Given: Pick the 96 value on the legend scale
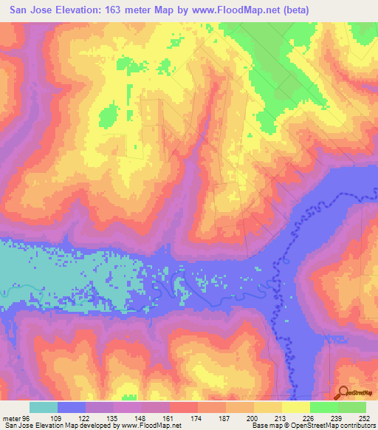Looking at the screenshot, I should tap(28, 417).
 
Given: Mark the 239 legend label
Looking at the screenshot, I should tap(337, 417).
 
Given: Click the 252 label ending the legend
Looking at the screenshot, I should tap(365, 417).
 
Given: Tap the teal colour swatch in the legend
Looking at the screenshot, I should tap(43, 407).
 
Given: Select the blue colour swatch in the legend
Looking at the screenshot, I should tap(71, 407).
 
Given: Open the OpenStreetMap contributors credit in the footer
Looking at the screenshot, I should tap(336, 426).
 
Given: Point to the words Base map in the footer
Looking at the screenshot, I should tap(267, 426).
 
